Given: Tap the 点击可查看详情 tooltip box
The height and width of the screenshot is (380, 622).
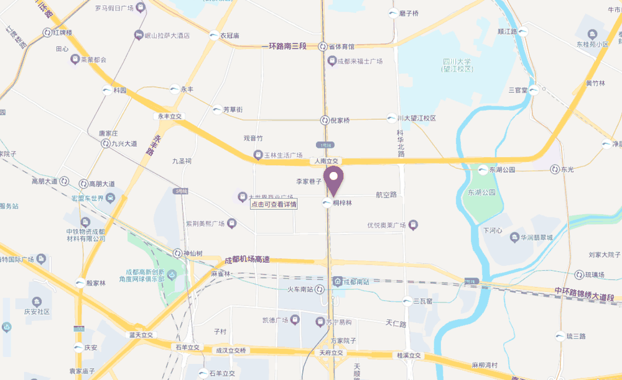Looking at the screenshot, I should pos(274,204).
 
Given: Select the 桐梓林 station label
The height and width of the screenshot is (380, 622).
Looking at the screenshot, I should pos(343,203).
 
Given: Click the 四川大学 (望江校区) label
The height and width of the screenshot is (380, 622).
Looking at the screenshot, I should pos(457,65).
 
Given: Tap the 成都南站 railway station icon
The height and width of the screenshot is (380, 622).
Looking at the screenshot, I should pos(337,281).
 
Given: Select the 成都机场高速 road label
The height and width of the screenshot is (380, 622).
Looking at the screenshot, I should pos(247,260).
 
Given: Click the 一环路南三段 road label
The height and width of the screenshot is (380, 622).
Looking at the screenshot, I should pos(289,46).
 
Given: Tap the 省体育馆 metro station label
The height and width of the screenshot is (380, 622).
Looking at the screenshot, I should pos(341,47).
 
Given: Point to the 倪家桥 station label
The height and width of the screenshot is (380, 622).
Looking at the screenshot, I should pos(339,120).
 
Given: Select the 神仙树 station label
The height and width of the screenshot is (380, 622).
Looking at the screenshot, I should pos(193,254).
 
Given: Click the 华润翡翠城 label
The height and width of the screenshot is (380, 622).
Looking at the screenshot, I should pos(537,237).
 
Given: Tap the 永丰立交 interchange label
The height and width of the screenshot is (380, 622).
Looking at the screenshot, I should pos(169,116).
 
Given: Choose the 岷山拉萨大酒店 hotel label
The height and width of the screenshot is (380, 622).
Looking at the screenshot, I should pos(167,36).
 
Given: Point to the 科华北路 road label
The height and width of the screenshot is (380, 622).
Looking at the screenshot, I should pos(401,143).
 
